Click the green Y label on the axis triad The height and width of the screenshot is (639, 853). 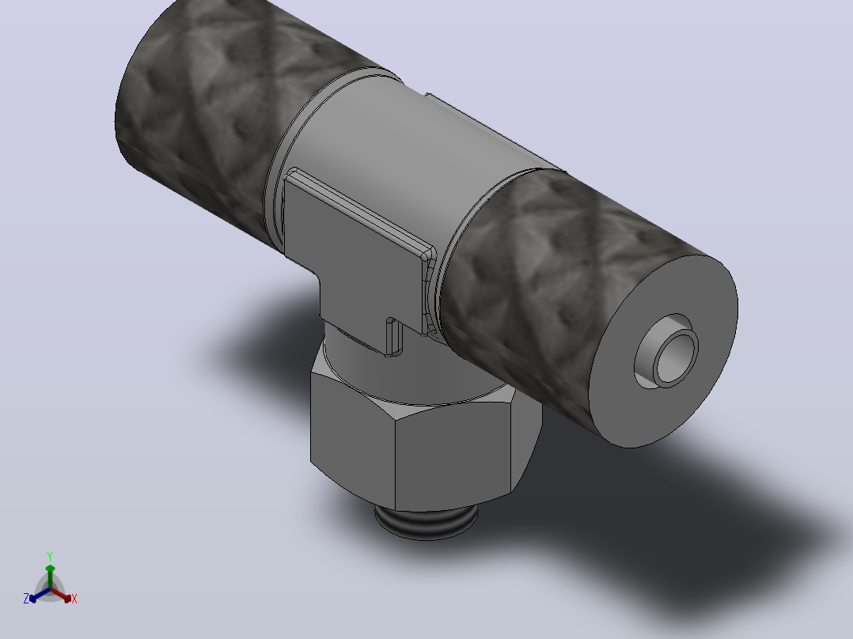click(x=50, y=556)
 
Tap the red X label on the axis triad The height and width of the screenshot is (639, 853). click(x=74, y=599)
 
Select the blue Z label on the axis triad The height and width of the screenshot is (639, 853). click(x=26, y=599)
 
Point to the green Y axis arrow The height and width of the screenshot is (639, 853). click(x=50, y=577)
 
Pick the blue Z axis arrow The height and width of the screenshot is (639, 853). click(x=40, y=595)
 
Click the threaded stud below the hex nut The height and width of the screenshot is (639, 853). click(x=426, y=521)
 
